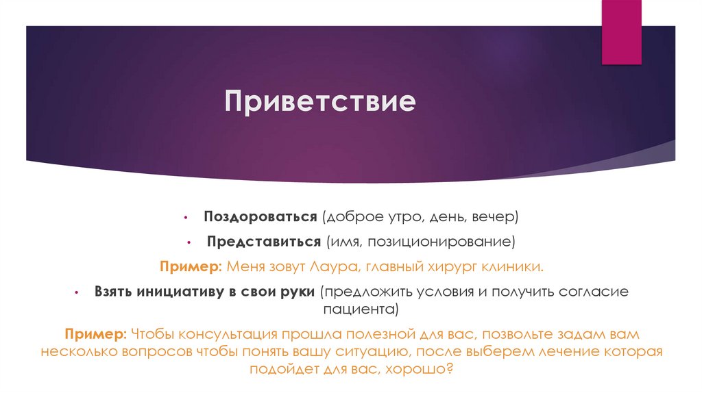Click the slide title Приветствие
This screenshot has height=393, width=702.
321,103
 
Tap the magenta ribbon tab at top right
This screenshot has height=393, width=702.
622,31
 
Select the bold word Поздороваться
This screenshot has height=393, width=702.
259,217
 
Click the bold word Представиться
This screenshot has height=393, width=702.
265,242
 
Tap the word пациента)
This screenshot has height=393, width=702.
366,309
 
